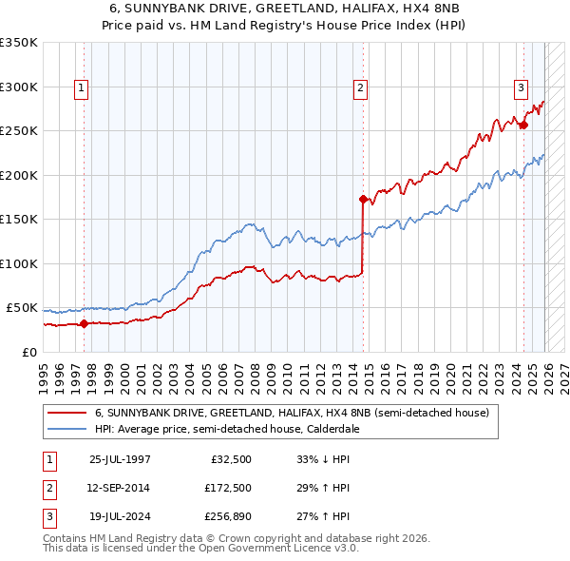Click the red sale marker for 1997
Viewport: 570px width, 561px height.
click(x=84, y=323)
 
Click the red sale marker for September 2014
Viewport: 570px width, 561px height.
click(x=363, y=200)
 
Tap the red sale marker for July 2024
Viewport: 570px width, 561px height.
click(x=523, y=125)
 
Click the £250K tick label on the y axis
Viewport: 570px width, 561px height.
click(x=18, y=131)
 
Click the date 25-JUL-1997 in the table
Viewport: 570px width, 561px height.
click(x=119, y=459)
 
